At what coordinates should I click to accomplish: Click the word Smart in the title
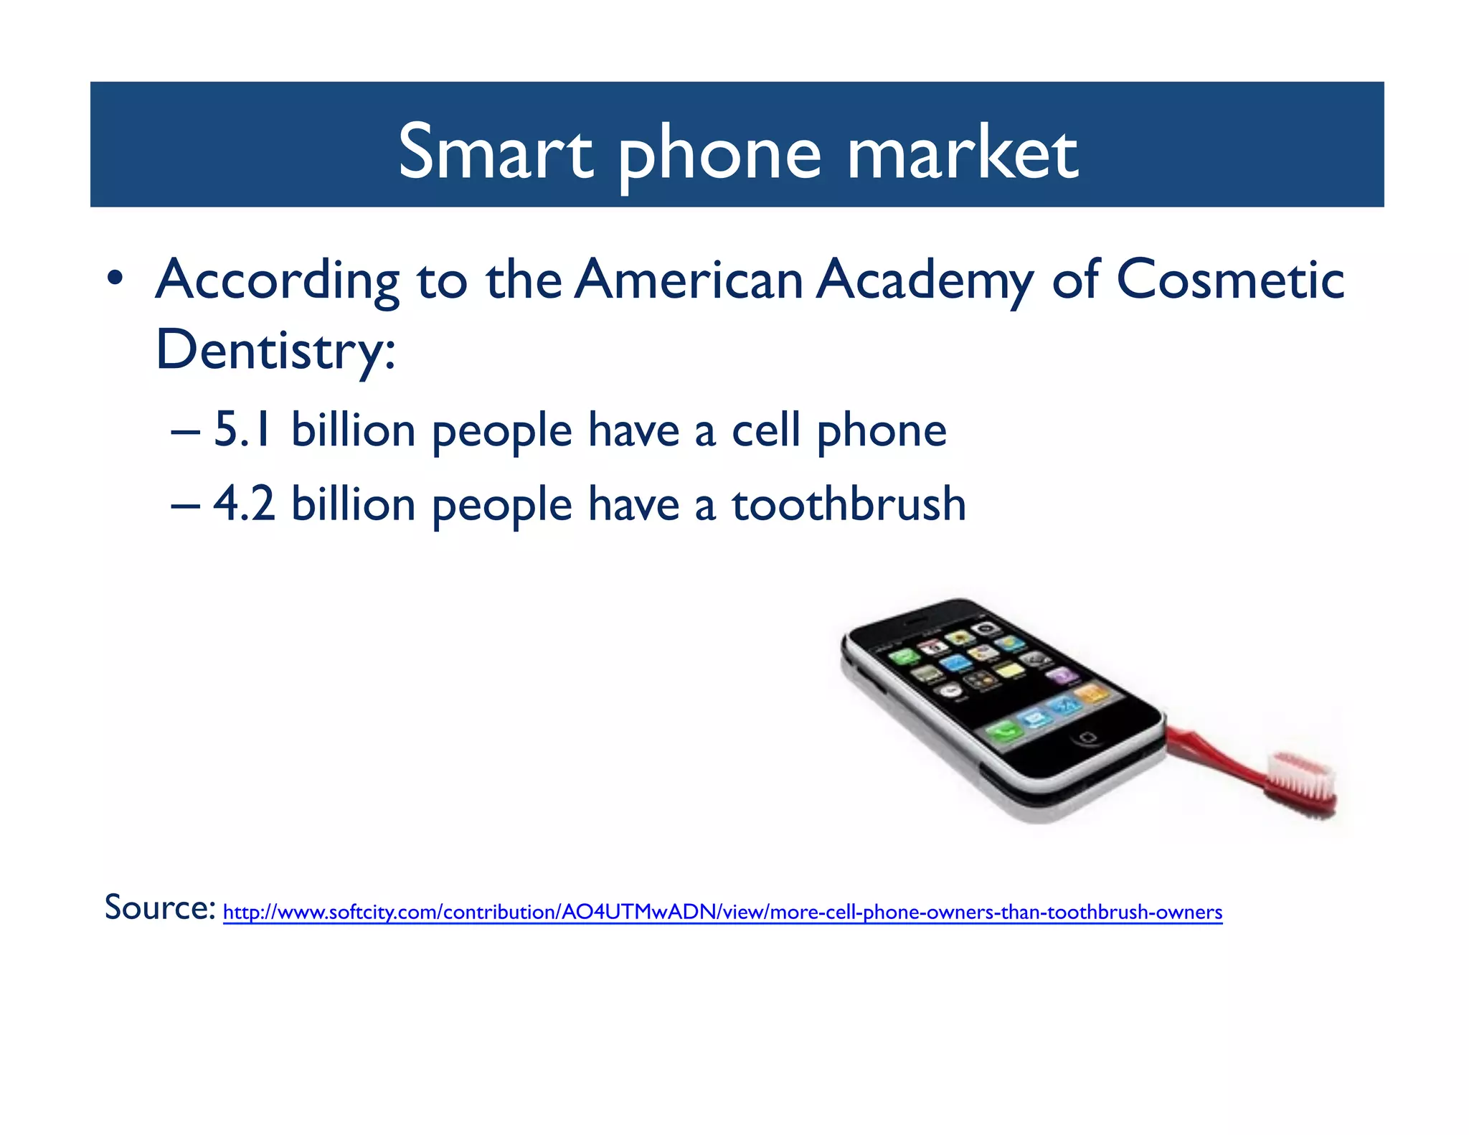click(x=495, y=152)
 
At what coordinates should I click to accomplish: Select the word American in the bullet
click(x=689, y=280)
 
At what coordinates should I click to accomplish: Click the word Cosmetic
click(x=1229, y=280)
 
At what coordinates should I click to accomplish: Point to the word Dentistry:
click(x=275, y=350)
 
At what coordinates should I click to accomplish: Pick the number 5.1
click(x=242, y=430)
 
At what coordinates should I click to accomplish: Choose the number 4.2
click(x=244, y=504)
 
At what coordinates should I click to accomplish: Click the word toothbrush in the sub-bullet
click(x=848, y=504)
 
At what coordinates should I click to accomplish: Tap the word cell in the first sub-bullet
click(x=765, y=430)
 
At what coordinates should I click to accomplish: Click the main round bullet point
click(x=115, y=279)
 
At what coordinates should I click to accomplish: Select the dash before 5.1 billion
click(x=185, y=433)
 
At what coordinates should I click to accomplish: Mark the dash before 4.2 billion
click(x=185, y=507)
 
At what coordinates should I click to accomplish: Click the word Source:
click(x=159, y=908)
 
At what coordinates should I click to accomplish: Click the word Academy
click(x=925, y=280)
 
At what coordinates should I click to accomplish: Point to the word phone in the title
click(x=719, y=152)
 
